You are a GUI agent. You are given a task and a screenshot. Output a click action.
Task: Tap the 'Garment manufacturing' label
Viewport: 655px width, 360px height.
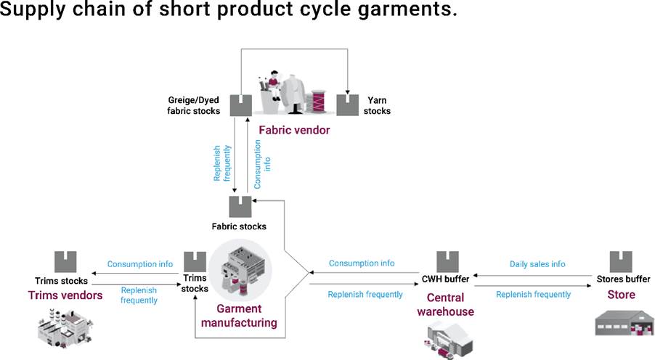pos(246,315)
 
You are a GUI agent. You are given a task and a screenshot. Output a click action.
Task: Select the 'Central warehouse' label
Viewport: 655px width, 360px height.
pos(450,305)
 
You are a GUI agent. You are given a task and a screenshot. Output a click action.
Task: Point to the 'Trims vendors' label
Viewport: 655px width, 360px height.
pos(65,295)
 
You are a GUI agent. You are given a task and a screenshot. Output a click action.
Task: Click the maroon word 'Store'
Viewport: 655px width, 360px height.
pos(621,295)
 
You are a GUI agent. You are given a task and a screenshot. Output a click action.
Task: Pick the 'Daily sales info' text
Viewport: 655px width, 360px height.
pos(537,264)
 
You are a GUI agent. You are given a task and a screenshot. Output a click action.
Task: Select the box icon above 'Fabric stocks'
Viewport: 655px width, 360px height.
pos(240,207)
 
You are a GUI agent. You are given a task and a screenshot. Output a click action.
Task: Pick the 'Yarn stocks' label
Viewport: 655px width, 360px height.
pos(378,105)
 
